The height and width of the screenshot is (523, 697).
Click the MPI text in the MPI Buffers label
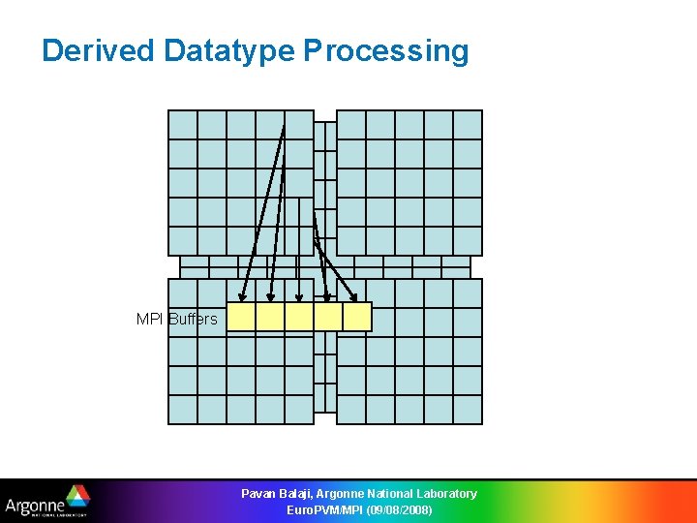point(150,319)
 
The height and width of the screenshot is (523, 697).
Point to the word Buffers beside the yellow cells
point(193,319)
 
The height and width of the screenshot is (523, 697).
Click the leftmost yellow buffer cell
point(241,317)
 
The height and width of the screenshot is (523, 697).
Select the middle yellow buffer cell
point(299,317)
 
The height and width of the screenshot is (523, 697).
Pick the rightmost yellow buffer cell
point(357,317)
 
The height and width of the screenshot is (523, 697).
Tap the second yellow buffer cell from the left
point(270,317)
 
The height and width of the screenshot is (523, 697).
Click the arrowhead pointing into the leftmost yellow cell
point(243,296)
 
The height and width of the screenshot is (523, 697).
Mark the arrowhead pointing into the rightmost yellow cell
point(354,296)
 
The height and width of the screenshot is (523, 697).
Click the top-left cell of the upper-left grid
point(183,125)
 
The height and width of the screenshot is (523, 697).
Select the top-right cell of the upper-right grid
point(468,125)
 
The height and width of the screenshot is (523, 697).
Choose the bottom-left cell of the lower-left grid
point(183,410)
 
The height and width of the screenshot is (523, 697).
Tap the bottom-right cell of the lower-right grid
point(468,410)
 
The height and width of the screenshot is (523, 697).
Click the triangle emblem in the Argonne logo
point(76,496)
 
